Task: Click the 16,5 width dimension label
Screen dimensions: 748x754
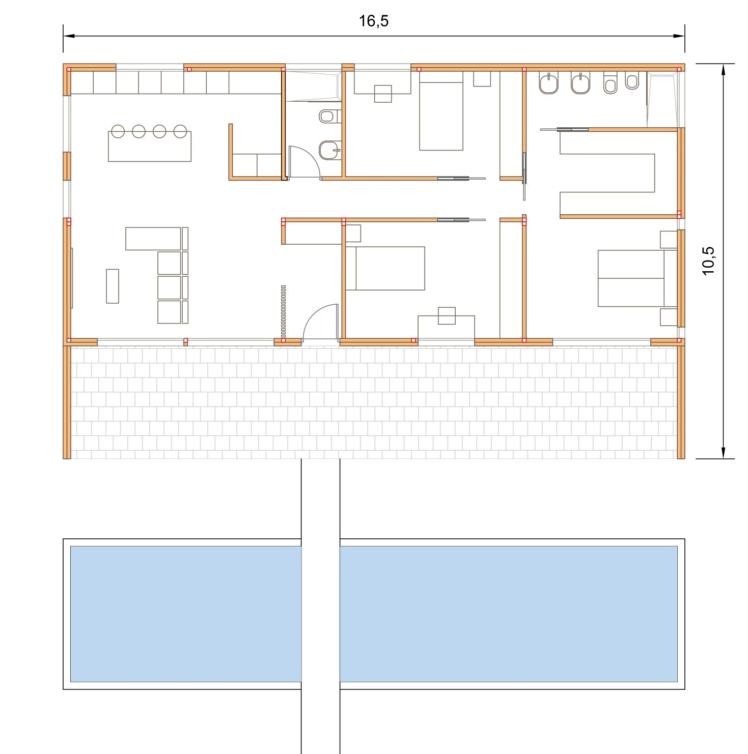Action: (x=374, y=21)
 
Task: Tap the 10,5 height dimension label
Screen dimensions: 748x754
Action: (x=708, y=261)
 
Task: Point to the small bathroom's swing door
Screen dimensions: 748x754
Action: (x=304, y=162)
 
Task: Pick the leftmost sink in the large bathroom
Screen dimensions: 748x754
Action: (x=548, y=83)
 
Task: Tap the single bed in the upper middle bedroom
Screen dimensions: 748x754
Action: (x=441, y=111)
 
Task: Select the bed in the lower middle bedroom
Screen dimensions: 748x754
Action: (x=385, y=268)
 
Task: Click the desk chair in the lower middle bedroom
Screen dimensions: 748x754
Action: (x=447, y=315)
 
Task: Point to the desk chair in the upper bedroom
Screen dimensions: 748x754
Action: (x=383, y=94)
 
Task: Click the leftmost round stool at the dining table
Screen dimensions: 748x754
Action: (x=118, y=131)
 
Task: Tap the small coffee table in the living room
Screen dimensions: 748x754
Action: (x=113, y=286)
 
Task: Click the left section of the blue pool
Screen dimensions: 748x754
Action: (x=186, y=614)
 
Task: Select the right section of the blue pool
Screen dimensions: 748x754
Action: (x=508, y=614)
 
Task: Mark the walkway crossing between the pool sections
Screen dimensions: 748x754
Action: (x=320, y=614)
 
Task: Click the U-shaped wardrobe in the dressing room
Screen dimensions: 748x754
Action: (x=607, y=173)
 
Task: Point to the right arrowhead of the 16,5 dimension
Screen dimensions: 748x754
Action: (x=679, y=36)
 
